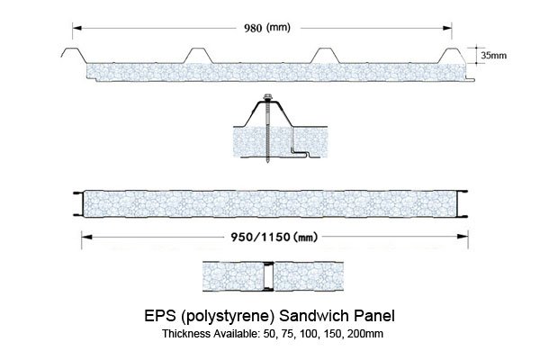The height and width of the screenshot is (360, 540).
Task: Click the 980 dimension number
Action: click(253, 28)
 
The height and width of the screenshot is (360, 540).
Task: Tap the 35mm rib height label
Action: click(494, 55)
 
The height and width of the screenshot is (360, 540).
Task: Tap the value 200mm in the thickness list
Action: click(365, 334)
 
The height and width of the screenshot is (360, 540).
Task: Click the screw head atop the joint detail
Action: click(267, 97)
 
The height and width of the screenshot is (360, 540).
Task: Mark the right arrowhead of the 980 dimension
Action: click(447, 28)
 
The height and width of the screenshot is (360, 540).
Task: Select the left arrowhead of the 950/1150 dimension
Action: click(86, 237)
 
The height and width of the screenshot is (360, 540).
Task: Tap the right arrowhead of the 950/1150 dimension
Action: click(463, 237)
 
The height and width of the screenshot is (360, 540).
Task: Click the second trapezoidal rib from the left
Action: click(198, 56)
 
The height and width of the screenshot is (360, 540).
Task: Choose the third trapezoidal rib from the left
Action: click(325, 56)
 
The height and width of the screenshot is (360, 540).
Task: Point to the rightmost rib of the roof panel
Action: click(453, 56)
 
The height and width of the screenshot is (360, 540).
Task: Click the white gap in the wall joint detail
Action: click(268, 276)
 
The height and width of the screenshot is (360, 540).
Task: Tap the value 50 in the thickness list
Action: click(269, 334)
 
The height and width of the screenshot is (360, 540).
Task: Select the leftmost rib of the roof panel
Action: click(74, 56)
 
